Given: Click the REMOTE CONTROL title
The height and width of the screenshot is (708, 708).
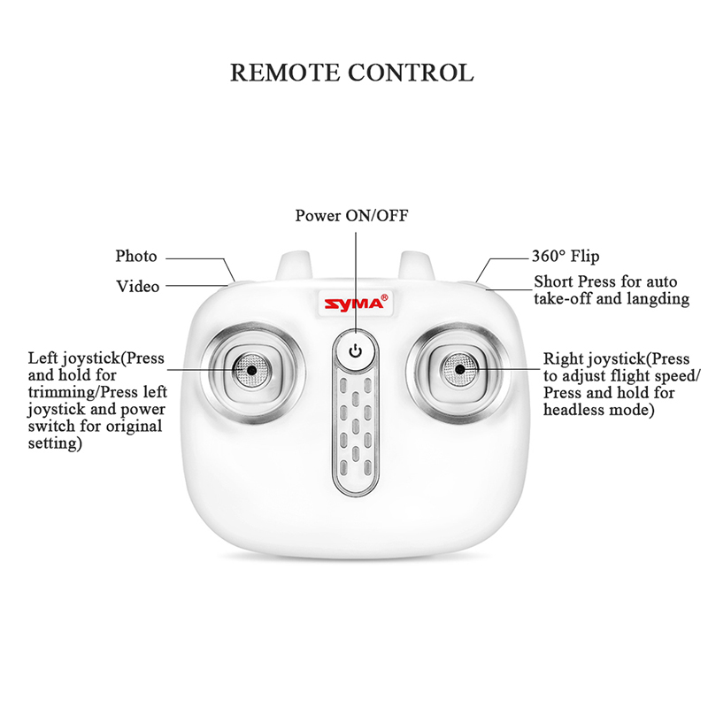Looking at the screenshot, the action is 352,73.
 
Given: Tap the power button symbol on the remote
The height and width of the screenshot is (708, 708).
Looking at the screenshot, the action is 356,351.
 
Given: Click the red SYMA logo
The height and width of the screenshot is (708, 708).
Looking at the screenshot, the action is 353,304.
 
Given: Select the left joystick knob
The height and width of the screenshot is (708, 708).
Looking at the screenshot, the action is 251,370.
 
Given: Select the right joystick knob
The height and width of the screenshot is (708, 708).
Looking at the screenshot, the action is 459,370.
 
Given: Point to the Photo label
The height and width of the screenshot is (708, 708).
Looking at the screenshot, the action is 136,256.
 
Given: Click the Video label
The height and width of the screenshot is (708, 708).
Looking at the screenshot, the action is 138,286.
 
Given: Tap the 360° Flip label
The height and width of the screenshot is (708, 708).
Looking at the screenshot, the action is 566,256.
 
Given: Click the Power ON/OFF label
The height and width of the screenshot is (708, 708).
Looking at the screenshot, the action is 351,215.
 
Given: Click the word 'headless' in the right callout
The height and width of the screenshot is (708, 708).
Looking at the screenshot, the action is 573,410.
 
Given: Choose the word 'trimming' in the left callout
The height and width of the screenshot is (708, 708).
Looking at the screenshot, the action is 62,392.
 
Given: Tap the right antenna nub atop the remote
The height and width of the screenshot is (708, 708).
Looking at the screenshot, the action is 416,266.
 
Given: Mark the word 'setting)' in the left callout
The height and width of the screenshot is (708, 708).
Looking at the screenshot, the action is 55,443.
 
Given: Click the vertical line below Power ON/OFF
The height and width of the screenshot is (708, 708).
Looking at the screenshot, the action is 356,283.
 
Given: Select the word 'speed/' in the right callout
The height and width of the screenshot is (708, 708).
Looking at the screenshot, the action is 677,375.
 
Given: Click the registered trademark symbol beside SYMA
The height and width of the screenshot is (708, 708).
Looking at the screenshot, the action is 384,297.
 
